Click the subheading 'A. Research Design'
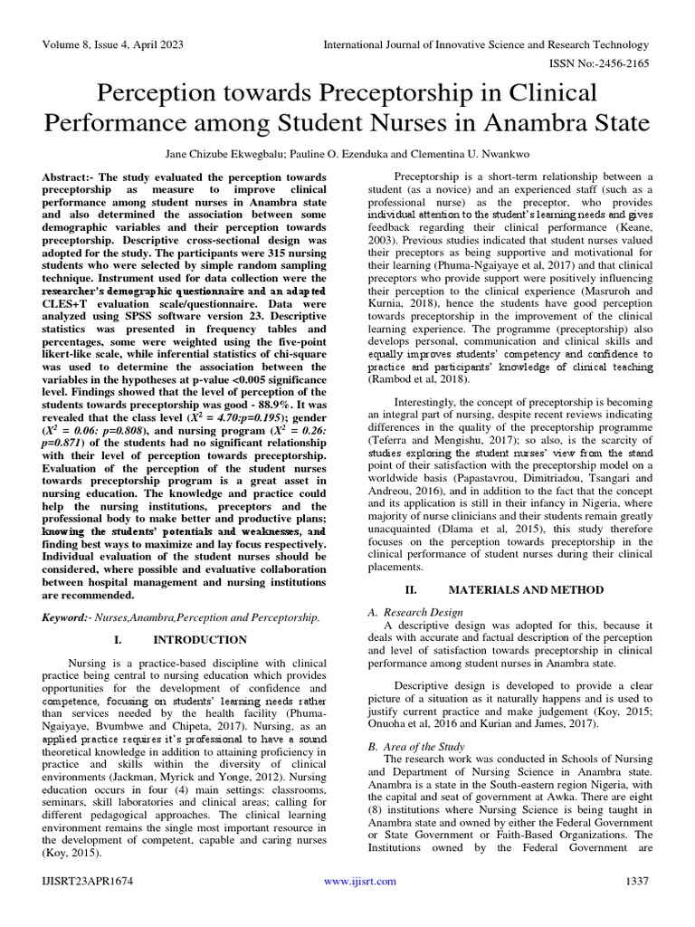click(417, 612)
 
